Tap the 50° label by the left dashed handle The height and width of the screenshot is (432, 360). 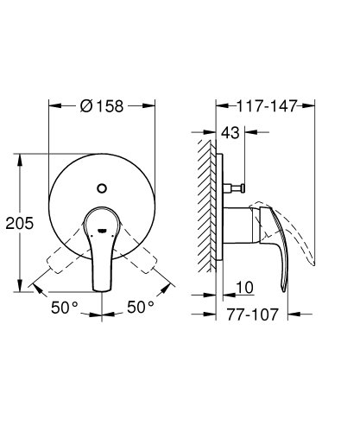pyautogui.click(x=63, y=308)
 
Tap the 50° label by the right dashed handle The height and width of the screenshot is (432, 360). pyautogui.click(x=141, y=308)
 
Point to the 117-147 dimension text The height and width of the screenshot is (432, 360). pyautogui.click(x=267, y=106)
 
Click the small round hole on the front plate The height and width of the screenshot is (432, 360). pyautogui.click(x=102, y=187)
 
